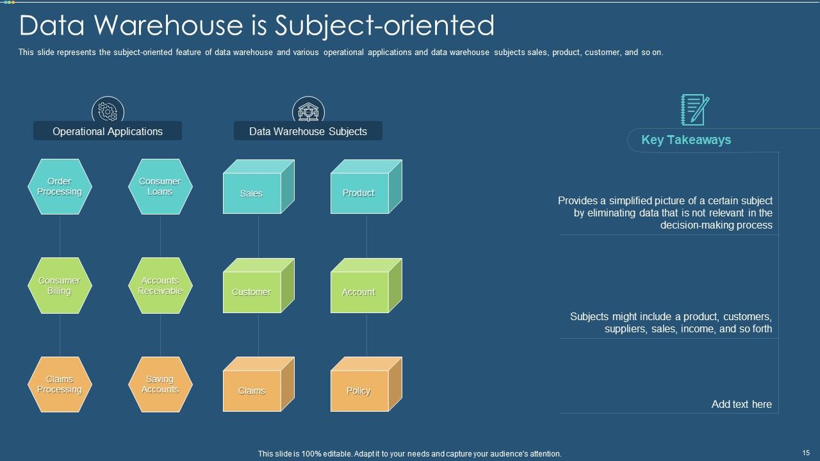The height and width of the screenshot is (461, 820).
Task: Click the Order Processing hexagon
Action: click(60, 186)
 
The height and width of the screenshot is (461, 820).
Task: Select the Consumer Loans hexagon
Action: click(160, 186)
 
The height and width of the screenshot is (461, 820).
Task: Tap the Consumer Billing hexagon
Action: click(60, 286)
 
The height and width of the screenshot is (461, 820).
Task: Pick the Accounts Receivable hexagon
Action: click(160, 286)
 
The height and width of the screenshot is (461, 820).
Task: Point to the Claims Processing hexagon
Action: click(60, 384)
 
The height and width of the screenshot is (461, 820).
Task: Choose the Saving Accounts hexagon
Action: click(160, 384)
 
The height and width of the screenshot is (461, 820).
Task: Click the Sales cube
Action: click(252, 193)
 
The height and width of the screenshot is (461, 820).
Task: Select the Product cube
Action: click(359, 193)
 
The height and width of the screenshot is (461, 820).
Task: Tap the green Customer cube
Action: click(252, 292)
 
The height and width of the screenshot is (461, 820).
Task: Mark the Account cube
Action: click(359, 292)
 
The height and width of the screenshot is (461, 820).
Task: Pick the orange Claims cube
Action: click(252, 391)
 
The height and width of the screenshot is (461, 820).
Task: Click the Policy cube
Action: click(359, 391)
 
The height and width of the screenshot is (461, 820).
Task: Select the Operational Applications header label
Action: click(108, 131)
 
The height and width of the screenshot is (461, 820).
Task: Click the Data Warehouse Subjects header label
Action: click(308, 131)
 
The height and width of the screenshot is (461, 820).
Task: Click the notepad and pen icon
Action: click(694, 109)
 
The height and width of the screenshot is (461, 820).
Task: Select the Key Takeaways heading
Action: click(686, 140)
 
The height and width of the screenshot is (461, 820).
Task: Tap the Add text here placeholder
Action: click(741, 404)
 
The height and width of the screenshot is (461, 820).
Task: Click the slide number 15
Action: click(806, 453)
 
